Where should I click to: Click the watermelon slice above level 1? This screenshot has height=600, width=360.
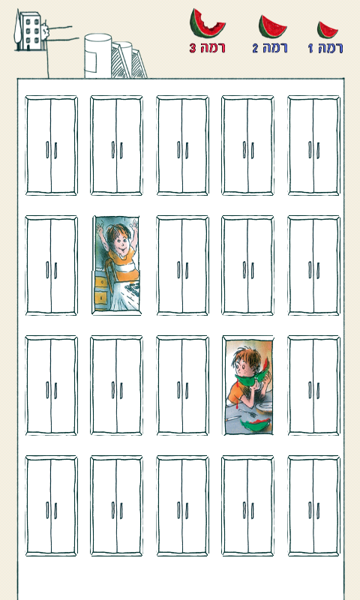click(328, 30)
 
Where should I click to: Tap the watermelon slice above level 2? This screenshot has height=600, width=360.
click(272, 26)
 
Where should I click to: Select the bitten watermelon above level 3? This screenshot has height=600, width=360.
click(207, 23)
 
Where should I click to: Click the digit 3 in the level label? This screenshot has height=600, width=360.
click(193, 48)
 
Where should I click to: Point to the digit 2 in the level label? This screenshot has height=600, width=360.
click(255, 48)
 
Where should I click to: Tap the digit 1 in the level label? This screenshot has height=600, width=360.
click(310, 48)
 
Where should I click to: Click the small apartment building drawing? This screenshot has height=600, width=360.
click(30, 31)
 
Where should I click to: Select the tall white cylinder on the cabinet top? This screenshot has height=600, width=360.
click(98, 55)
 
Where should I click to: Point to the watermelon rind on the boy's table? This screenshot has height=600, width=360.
click(254, 424)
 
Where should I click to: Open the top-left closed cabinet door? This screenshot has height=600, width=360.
click(51, 145)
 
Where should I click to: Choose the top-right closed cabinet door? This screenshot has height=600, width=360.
click(313, 145)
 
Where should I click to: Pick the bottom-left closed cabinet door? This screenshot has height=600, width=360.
click(51, 505)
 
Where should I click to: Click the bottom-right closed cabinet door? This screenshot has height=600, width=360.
click(313, 505)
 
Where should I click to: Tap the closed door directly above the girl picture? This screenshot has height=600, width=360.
click(117, 145)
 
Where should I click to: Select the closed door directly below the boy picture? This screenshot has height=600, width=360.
click(248, 505)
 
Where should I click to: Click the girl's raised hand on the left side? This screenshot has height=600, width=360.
click(100, 230)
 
